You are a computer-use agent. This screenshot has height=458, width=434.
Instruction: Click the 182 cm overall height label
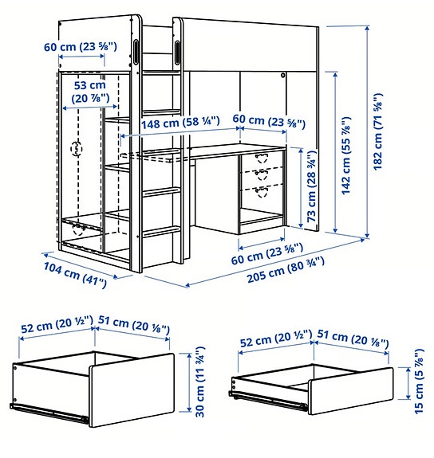[x=378, y=131]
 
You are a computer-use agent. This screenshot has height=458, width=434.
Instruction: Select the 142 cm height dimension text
[x=346, y=155]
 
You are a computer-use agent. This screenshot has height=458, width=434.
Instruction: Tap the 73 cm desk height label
[x=311, y=186]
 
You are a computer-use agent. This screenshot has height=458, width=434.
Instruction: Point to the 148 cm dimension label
[x=180, y=123]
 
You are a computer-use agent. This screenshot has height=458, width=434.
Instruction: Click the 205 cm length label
[x=286, y=269]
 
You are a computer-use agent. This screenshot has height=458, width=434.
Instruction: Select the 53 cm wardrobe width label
[x=90, y=92]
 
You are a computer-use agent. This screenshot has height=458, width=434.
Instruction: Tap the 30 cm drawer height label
[x=200, y=382]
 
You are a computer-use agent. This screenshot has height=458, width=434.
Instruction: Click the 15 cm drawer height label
[x=419, y=382]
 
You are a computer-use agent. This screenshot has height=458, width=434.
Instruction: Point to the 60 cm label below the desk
[x=267, y=254]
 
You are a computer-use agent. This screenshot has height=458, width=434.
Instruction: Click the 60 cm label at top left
[x=81, y=47]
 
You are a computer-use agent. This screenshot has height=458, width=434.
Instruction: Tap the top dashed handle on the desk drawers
[x=262, y=158]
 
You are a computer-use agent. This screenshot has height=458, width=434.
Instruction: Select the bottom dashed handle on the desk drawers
[x=262, y=192]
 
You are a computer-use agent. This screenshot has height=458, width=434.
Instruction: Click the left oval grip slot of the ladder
[x=136, y=52]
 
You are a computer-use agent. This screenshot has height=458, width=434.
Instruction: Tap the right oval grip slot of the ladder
[x=177, y=53]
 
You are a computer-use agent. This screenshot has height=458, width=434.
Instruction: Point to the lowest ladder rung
[x=161, y=231]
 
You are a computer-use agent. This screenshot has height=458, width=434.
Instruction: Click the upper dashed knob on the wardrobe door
[x=77, y=149]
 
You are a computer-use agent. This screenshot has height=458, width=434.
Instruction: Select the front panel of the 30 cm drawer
[x=132, y=390]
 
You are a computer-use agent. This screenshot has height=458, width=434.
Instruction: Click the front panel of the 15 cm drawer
[x=351, y=391]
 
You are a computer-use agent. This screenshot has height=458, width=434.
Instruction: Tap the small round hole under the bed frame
[x=282, y=75]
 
